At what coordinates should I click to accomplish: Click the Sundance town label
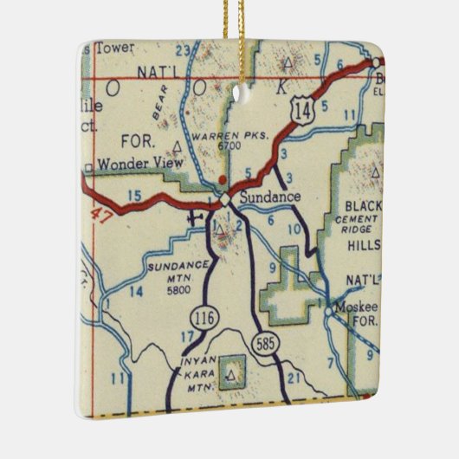pyautogui.click(x=269, y=197)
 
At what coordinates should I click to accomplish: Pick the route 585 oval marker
pyautogui.click(x=264, y=345)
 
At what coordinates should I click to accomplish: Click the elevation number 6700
pyautogui.click(x=229, y=145)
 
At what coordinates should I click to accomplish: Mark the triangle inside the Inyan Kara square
pyautogui.click(x=231, y=375)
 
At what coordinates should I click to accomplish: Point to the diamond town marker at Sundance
pyautogui.click(x=225, y=199)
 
